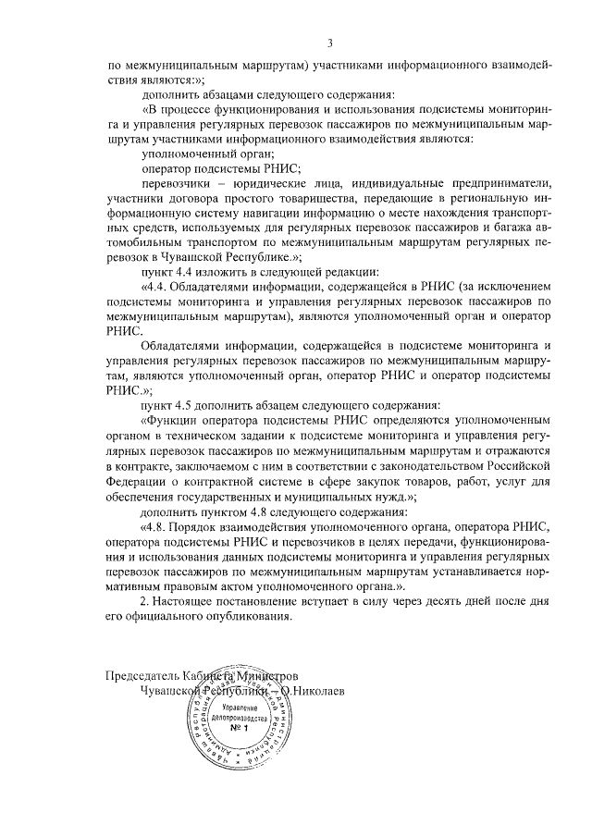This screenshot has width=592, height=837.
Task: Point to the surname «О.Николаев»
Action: [319, 689]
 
